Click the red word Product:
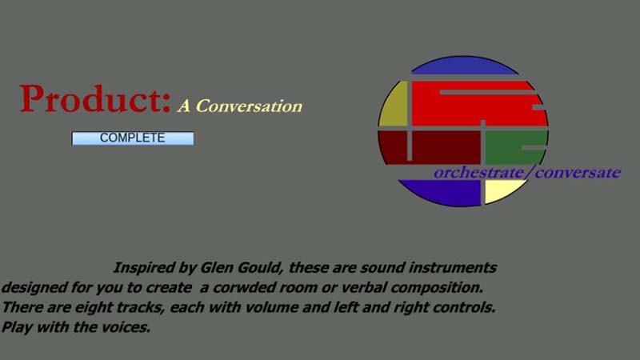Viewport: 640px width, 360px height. pos(95,99)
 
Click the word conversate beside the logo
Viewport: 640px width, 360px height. pos(578,173)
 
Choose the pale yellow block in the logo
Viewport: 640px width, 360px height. pos(503,190)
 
